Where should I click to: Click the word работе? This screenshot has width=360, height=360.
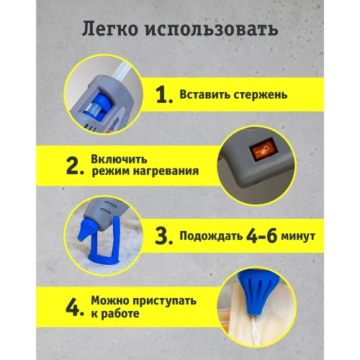[120, 315]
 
